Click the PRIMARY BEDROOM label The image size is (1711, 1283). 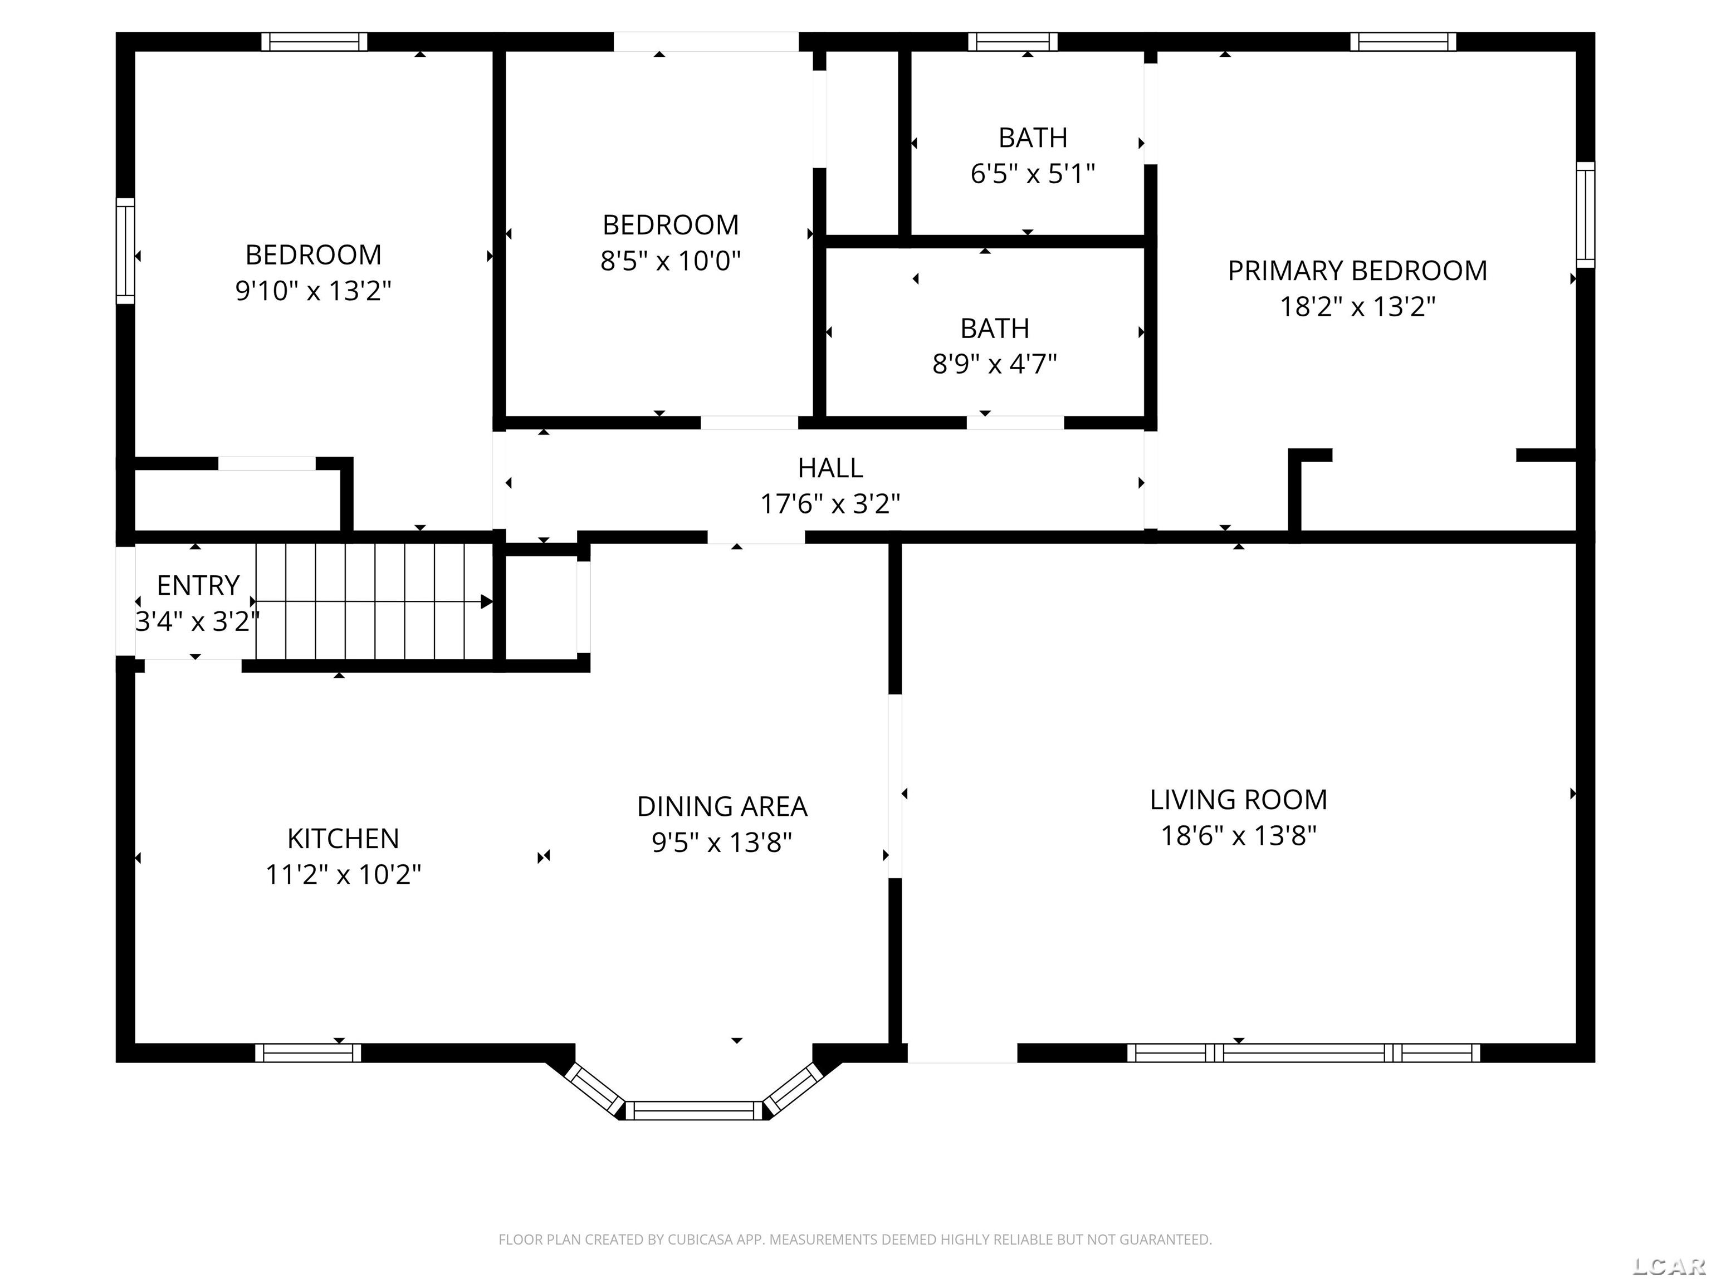1357,271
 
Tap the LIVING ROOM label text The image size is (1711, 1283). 1238,800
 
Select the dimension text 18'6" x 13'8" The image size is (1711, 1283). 1238,836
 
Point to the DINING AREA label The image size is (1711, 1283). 722,807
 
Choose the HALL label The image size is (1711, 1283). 830,468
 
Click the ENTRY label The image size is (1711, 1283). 198,585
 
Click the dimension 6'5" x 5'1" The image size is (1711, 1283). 1033,174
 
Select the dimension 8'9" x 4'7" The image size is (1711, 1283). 994,364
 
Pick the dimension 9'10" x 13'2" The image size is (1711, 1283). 313,291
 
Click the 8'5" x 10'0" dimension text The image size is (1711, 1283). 671,261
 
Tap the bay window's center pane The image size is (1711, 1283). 694,1110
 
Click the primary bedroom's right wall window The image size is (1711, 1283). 1585,215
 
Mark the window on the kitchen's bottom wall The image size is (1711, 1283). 308,1052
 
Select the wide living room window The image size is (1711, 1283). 1303,1052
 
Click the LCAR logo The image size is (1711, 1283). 1669,1266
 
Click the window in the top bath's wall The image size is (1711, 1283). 1013,41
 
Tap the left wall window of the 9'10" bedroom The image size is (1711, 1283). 125,251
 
